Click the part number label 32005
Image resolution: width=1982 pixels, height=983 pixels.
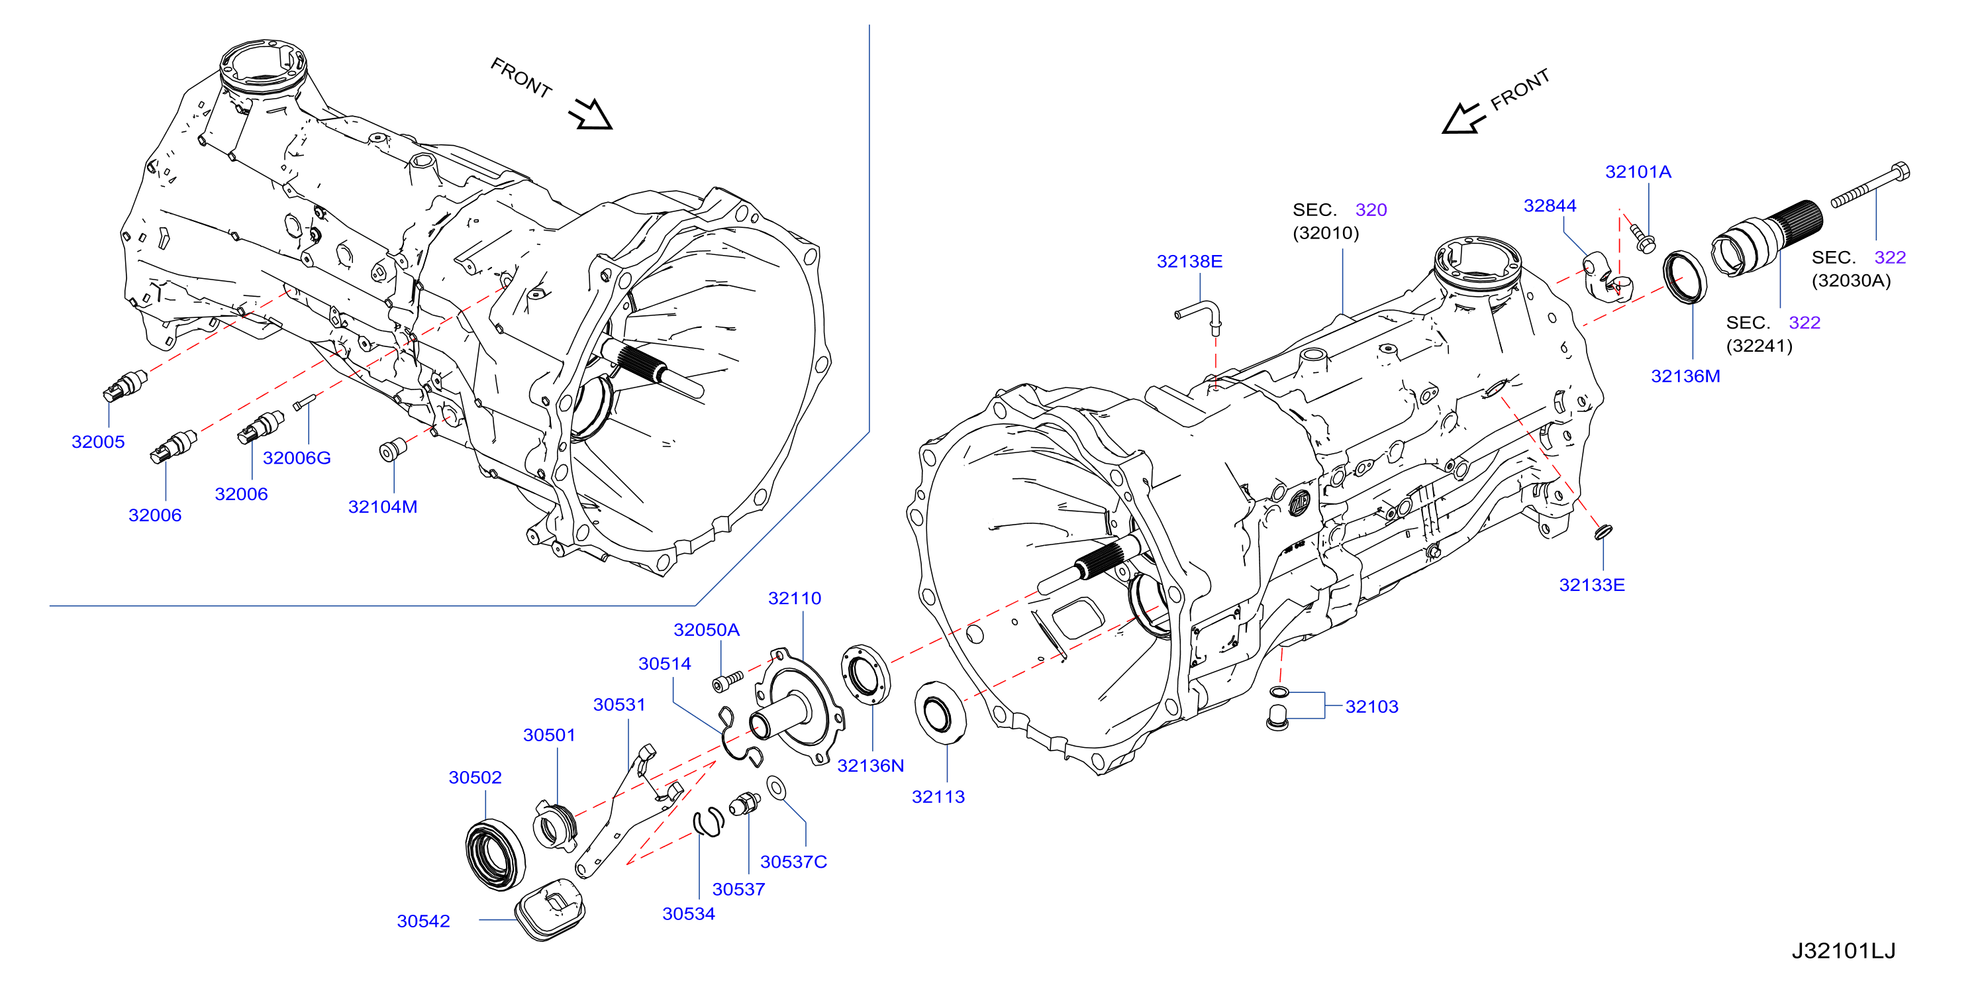point(98,442)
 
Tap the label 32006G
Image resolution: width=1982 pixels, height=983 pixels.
point(297,458)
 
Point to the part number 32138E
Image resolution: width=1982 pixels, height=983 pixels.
point(1189,262)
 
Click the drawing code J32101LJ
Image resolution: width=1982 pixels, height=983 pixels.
point(1844,951)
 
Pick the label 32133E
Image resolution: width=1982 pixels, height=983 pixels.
point(1592,585)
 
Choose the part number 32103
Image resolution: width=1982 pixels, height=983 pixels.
point(1372,707)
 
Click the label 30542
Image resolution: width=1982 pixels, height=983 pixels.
point(423,921)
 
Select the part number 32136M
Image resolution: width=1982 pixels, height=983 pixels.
point(1686,376)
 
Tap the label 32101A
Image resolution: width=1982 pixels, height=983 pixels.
point(1638,172)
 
